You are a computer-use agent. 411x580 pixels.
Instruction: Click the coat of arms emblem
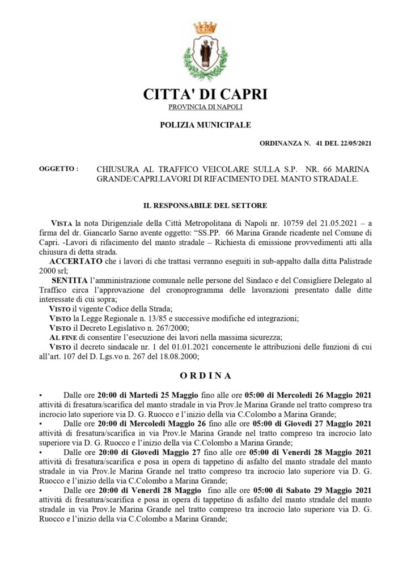(x=205, y=52)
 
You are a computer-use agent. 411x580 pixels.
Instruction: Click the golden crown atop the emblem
(x=205, y=27)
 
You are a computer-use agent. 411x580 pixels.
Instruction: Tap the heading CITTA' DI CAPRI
(x=205, y=94)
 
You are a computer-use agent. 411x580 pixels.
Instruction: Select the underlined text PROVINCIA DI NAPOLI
(x=205, y=107)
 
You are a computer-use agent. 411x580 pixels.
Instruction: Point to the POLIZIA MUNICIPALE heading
(x=205, y=125)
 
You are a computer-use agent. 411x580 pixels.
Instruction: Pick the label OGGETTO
(x=58, y=169)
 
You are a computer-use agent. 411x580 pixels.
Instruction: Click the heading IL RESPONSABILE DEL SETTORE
(x=205, y=205)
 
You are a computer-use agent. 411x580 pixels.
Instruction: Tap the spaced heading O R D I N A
(x=205, y=375)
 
